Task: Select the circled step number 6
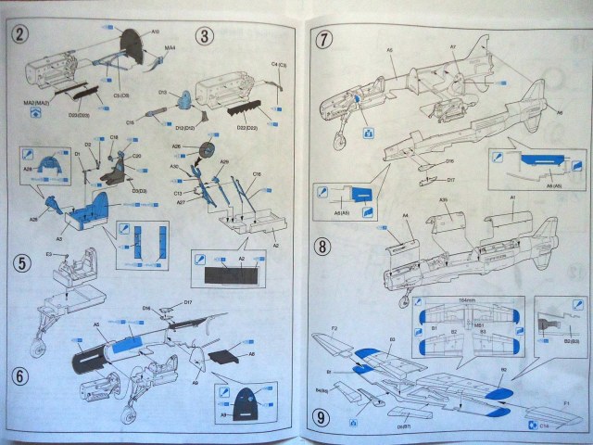click(x=19, y=377)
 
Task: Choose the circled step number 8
click(x=323, y=248)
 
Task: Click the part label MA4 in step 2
click(x=170, y=47)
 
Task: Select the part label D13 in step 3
click(x=161, y=94)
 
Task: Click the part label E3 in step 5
click(x=48, y=253)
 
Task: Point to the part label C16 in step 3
click(x=258, y=173)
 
